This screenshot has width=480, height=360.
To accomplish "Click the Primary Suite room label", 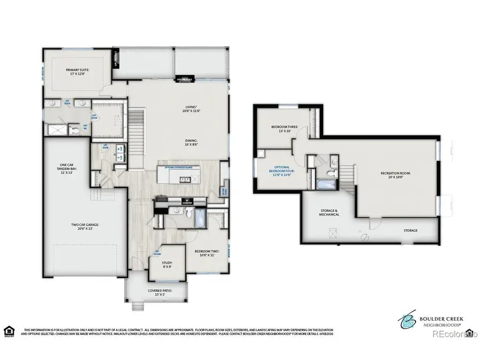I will point(77,71).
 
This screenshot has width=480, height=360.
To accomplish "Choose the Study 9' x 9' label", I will point(167,265).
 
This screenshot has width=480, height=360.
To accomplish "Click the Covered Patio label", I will point(160,293).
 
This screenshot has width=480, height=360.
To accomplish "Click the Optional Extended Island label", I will point(182,168).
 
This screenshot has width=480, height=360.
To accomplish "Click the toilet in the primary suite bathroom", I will point(75,130).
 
